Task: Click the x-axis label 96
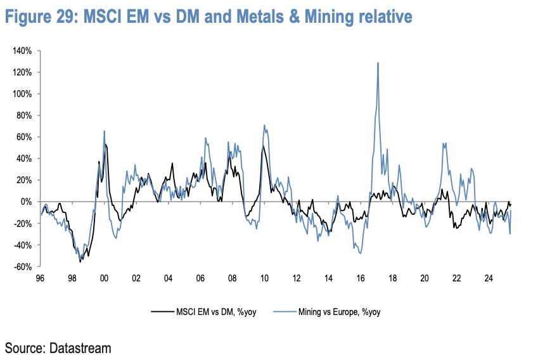click(40, 278)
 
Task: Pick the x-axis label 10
click(264, 278)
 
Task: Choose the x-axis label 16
click(360, 278)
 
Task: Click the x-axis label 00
click(104, 278)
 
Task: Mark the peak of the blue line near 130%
click(378, 63)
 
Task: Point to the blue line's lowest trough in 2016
click(360, 254)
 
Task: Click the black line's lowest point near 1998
click(80, 262)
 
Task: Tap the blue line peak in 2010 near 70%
click(264, 125)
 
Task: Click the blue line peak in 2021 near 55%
click(444, 143)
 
